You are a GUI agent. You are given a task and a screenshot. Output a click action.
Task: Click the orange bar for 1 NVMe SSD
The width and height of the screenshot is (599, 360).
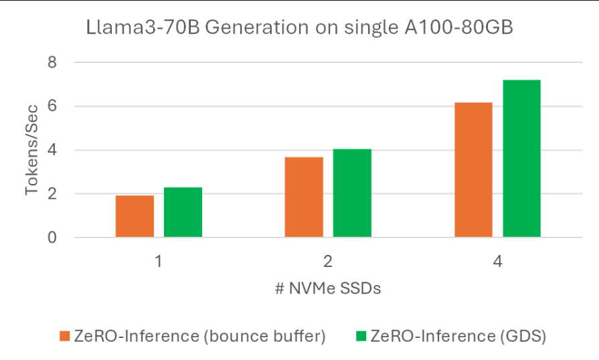135,216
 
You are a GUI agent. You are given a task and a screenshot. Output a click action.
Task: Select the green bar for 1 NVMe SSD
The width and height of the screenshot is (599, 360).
183,212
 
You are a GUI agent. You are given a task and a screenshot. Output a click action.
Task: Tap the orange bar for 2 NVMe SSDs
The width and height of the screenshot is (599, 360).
304,197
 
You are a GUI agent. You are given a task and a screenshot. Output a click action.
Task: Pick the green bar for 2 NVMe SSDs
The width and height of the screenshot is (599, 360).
352,193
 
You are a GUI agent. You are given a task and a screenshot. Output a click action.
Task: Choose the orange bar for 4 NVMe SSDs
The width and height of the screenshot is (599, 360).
473,170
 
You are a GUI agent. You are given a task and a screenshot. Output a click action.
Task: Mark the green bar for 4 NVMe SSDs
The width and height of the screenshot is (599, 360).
521,159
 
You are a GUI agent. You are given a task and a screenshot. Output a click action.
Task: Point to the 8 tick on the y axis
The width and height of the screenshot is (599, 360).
52,63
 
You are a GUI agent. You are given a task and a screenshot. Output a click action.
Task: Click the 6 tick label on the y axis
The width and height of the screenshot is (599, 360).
52,106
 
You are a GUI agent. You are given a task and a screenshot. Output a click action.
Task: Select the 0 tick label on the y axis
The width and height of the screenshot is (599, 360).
52,238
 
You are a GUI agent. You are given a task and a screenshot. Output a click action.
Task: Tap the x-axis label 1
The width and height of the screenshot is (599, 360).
159,261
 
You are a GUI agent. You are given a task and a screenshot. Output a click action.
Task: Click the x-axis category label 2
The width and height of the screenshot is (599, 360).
328,261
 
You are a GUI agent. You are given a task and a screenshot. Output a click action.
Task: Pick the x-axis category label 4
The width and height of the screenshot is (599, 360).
497,261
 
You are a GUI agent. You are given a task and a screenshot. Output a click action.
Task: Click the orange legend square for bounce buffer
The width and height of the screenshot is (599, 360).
65,336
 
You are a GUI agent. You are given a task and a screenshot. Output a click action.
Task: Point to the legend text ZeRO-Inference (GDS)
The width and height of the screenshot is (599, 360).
458,336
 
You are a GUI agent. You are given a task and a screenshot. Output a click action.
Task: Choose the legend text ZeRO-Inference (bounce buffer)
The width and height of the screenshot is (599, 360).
201,336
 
